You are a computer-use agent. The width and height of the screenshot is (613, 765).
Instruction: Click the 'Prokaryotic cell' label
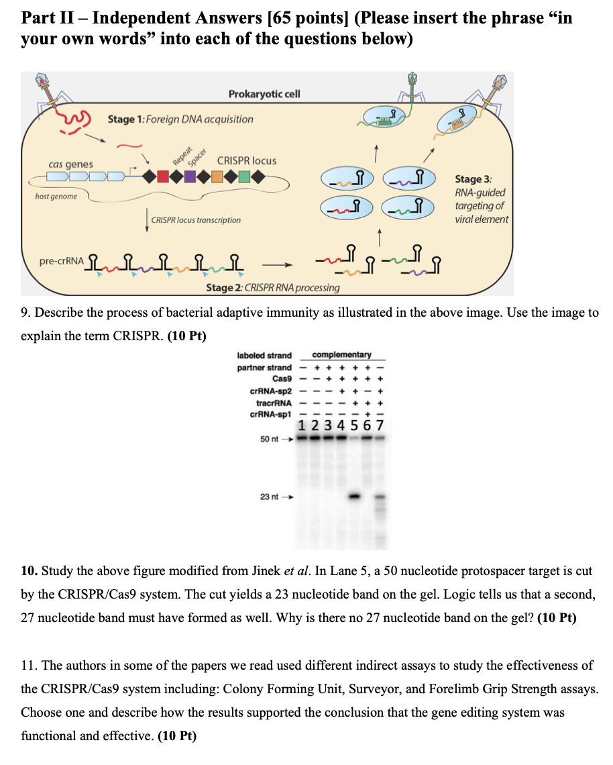264,94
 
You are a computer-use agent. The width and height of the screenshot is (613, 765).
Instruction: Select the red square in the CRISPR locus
163,178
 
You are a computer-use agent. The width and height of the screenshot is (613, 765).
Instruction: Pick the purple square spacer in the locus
190,178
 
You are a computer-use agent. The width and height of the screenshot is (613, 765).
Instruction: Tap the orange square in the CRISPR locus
217,178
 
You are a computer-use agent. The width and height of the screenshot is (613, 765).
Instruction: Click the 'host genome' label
56,196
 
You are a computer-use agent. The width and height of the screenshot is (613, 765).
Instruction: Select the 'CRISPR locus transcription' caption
196,219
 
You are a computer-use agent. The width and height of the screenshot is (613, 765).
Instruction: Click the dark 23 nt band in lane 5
355,497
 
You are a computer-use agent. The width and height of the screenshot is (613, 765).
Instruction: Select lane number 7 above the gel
381,427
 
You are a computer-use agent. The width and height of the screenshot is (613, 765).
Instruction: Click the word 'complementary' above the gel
342,354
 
